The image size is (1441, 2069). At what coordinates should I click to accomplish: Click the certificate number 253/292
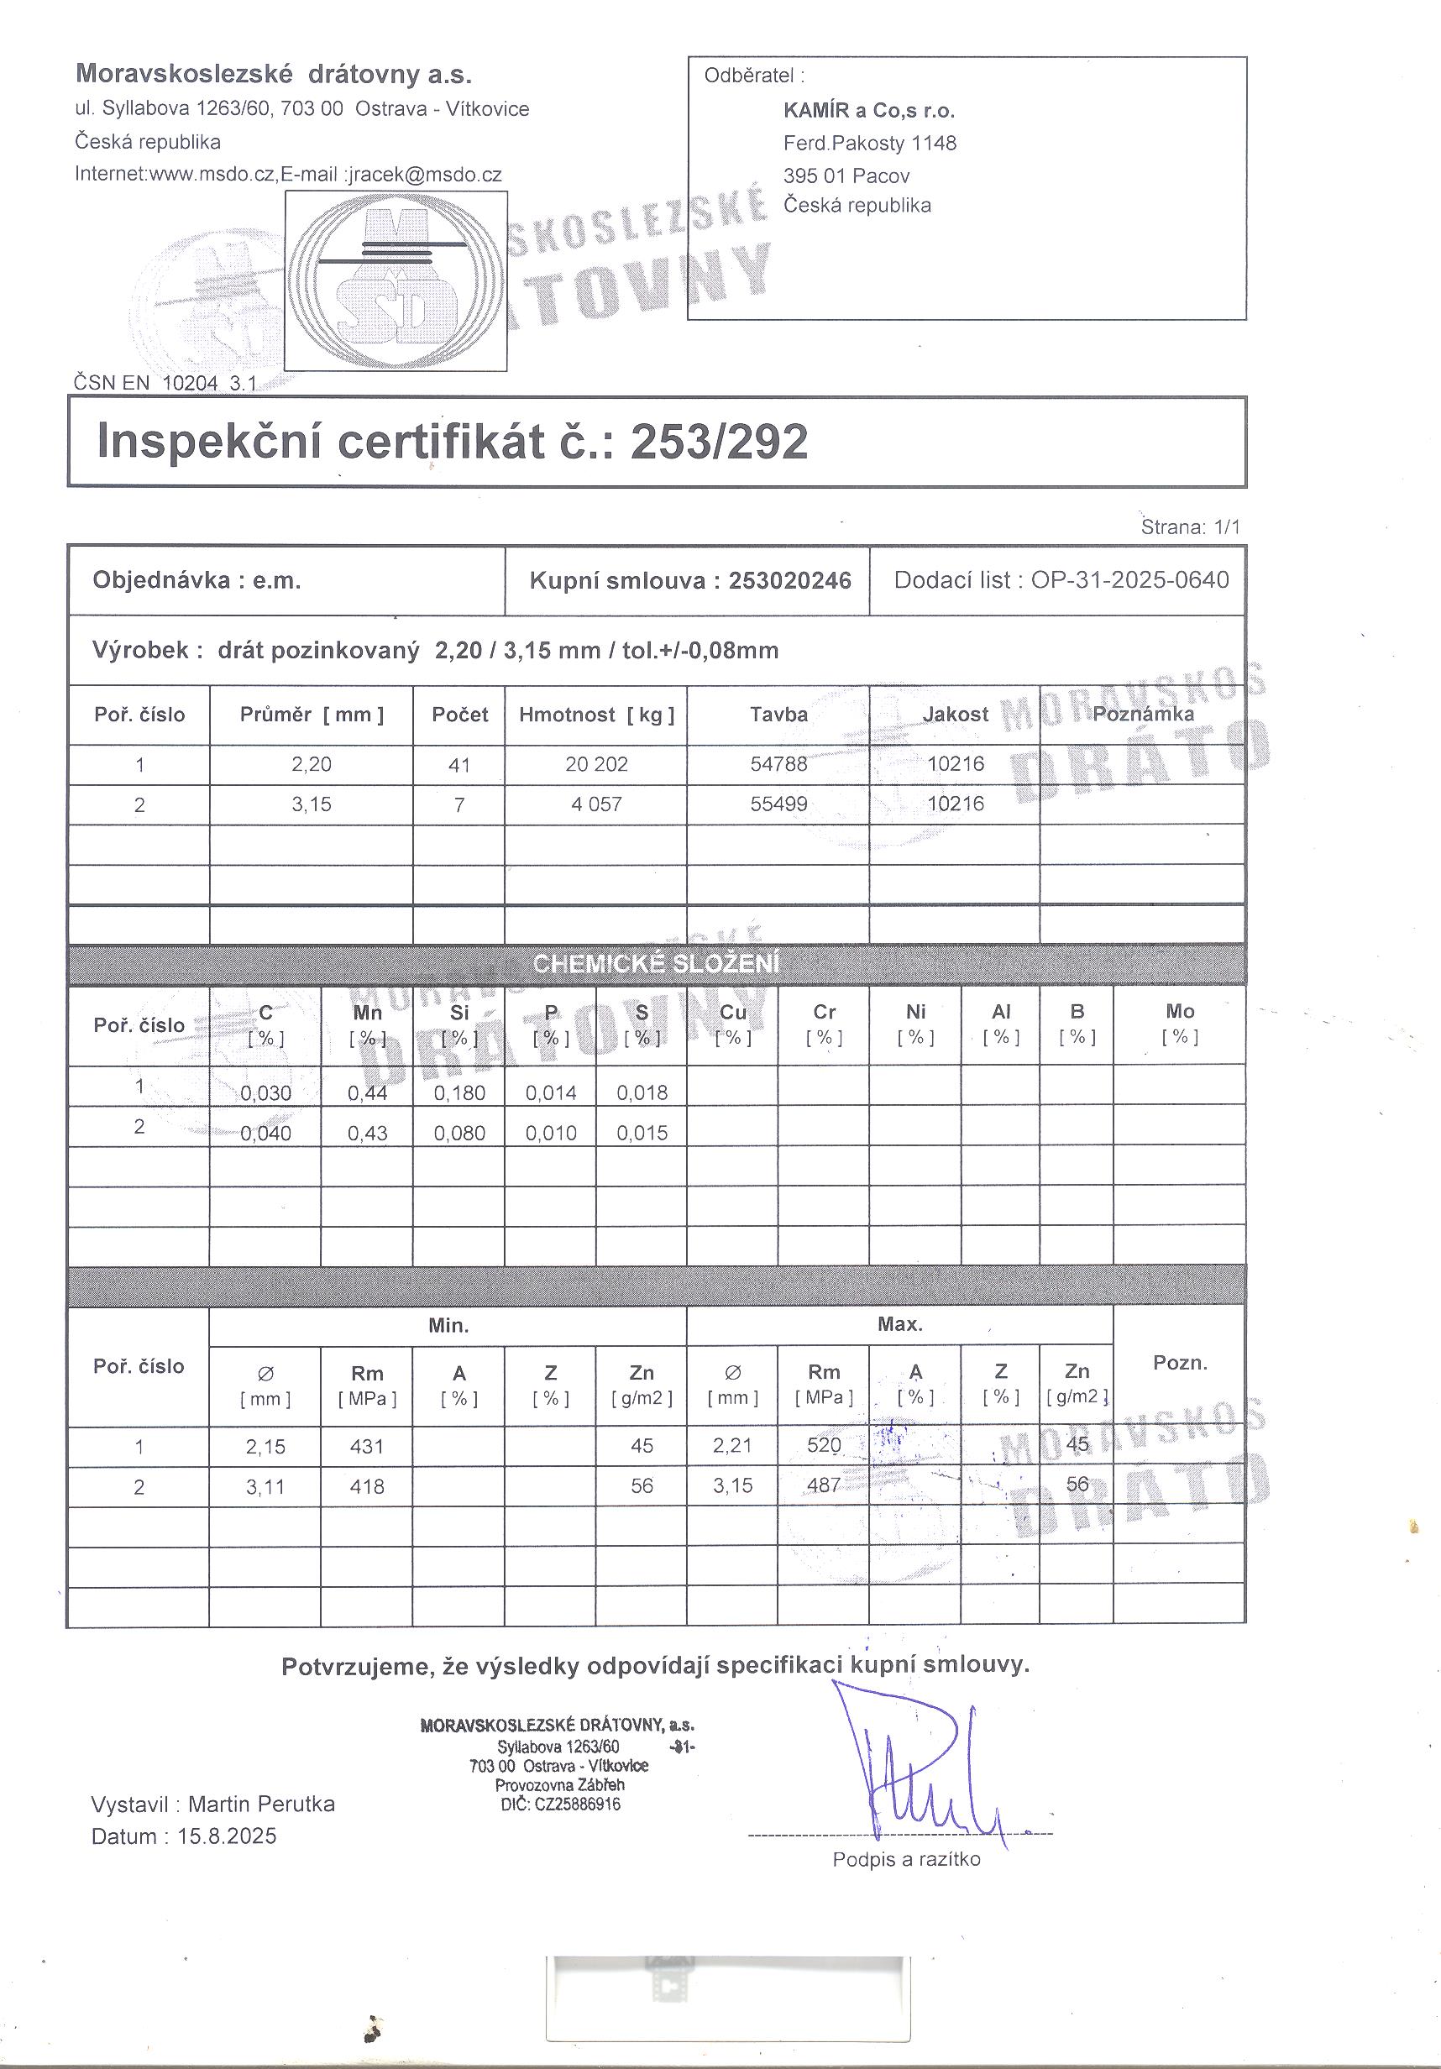[x=718, y=442]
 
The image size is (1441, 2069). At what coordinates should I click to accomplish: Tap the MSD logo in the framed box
[x=396, y=281]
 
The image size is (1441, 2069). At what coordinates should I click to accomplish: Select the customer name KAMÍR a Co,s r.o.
[x=869, y=111]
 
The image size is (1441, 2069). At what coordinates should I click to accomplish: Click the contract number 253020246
[x=789, y=580]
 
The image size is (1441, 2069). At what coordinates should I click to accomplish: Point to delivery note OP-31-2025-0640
[x=1129, y=579]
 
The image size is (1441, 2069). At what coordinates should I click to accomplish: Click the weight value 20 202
[x=596, y=764]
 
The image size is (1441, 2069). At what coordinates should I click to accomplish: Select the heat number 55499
[x=778, y=804]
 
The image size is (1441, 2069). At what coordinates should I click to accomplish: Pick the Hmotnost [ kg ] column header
[x=596, y=715]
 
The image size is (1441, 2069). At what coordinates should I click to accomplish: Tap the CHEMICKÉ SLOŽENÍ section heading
[x=656, y=963]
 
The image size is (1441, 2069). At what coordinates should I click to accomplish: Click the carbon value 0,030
[x=266, y=1093]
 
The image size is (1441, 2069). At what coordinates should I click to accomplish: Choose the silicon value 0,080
[x=459, y=1133]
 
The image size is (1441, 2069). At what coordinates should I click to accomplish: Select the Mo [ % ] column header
[x=1180, y=1023]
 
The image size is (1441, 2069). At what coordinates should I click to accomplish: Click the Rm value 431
[x=367, y=1446]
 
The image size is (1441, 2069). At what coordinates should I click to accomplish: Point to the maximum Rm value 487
[x=824, y=1485]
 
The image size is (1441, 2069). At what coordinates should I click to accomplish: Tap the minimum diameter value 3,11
[x=266, y=1487]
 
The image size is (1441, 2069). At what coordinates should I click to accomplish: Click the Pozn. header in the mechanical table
[x=1180, y=1363]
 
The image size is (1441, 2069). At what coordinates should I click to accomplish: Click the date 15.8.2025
[x=227, y=1836]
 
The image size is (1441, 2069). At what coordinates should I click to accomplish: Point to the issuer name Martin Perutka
[x=261, y=1804]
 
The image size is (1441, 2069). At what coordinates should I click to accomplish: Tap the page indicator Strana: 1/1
[x=1191, y=527]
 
